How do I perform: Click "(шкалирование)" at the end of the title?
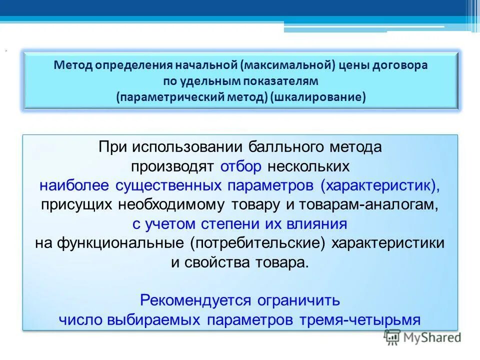pyautogui.click(x=318, y=96)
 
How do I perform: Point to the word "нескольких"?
pyautogui.click(x=308, y=166)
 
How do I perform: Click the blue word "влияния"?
pyautogui.click(x=316, y=223)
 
